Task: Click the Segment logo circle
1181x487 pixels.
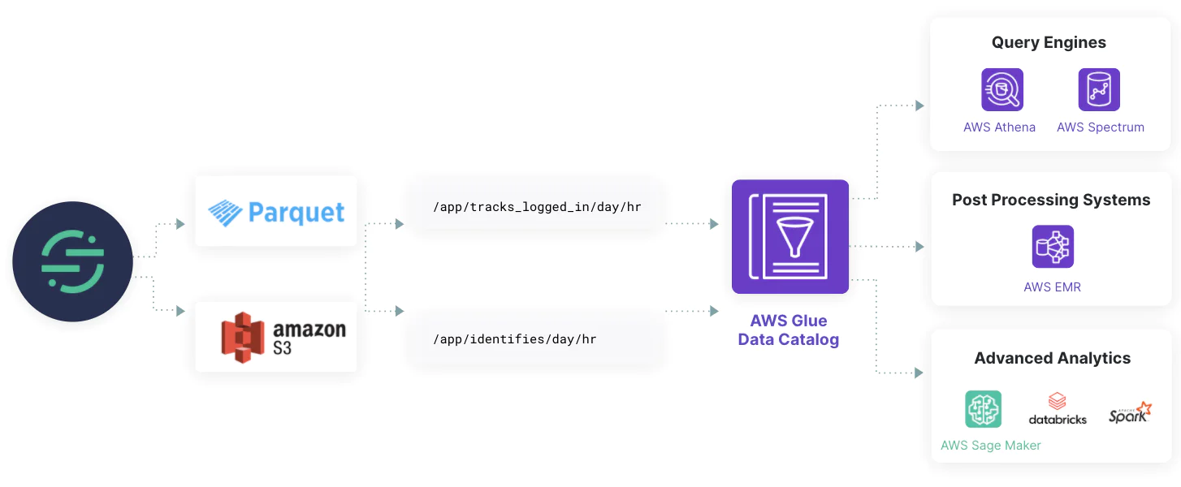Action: point(72,261)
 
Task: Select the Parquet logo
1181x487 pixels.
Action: point(276,212)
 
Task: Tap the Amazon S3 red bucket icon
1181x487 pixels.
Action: point(243,338)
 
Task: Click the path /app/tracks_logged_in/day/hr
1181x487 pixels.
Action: point(537,207)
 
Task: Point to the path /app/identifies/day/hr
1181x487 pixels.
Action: point(515,339)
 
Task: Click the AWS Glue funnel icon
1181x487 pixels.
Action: point(789,236)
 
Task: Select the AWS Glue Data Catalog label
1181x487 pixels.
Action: point(788,330)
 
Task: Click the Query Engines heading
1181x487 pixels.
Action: point(1049,43)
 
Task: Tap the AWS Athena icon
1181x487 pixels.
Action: point(1001,89)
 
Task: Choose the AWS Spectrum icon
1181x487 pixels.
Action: point(1099,89)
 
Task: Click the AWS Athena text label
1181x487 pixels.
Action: point(999,127)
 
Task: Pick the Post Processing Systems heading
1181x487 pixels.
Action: point(1051,200)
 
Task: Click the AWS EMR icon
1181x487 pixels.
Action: point(1053,247)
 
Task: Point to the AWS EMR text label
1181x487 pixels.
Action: point(1052,287)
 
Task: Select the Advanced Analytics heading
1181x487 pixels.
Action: point(1052,358)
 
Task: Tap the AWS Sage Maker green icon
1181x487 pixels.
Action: point(983,409)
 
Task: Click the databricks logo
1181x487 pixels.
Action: point(1057,409)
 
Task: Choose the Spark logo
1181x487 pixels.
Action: point(1130,412)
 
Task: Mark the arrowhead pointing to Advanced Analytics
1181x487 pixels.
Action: point(919,373)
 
